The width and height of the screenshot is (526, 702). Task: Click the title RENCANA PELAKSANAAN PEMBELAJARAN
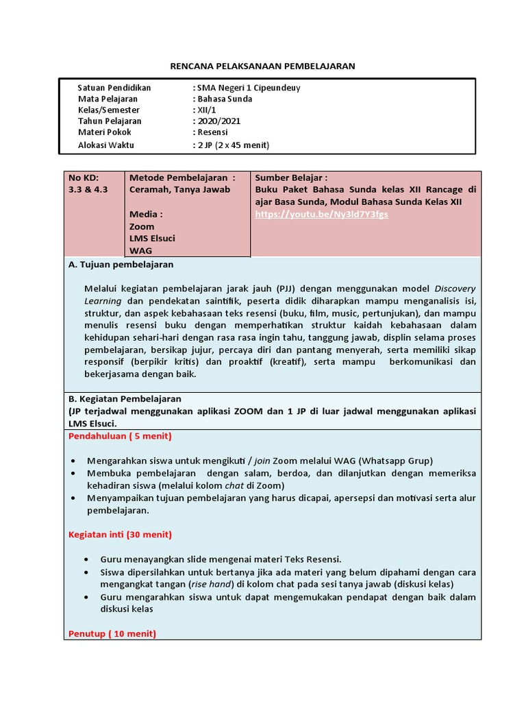click(x=262, y=66)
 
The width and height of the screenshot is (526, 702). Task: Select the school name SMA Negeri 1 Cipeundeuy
click(x=249, y=88)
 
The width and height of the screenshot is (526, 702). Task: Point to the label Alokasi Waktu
click(x=106, y=145)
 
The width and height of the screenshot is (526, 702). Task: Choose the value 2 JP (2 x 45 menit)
click(x=234, y=145)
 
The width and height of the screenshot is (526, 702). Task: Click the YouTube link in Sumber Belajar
click(x=321, y=214)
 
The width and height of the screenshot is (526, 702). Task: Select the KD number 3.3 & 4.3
click(x=88, y=189)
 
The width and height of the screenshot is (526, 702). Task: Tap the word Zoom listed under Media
click(x=142, y=226)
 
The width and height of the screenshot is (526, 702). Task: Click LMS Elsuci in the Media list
click(x=152, y=238)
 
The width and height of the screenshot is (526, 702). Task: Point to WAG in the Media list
click(x=140, y=250)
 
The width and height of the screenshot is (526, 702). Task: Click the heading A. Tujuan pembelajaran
click(x=121, y=264)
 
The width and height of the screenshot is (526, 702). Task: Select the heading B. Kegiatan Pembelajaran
click(x=124, y=398)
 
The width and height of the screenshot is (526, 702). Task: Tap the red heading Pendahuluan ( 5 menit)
click(x=120, y=436)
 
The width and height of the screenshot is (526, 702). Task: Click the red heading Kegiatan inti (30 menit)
click(x=120, y=534)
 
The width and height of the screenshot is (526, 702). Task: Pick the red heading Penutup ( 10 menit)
click(x=112, y=633)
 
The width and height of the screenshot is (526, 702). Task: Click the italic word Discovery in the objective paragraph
click(x=455, y=288)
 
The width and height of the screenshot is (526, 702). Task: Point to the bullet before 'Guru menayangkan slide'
click(x=86, y=559)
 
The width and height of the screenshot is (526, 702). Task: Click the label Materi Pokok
click(x=105, y=132)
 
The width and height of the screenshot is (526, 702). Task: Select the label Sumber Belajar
click(x=291, y=177)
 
